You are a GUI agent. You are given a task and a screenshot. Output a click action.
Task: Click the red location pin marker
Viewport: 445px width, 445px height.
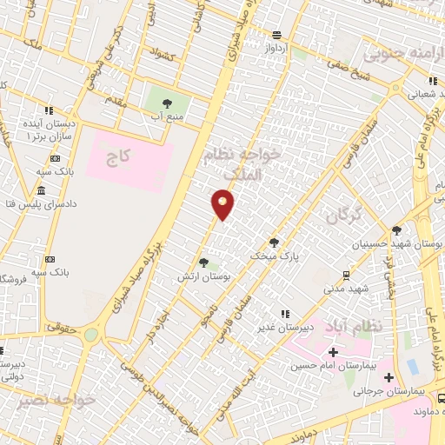coord(223,204)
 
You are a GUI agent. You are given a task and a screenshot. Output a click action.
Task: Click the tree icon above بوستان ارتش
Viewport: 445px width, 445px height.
coord(203,262)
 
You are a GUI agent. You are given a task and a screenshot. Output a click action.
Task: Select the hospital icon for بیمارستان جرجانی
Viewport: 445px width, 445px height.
coord(389,377)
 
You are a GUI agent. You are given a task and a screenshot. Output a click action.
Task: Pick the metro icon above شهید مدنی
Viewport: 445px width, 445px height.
coord(347,275)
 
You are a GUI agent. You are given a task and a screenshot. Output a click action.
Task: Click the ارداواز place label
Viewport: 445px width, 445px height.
coord(276,49)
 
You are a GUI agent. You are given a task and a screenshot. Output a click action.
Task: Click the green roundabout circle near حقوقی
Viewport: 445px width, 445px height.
coord(90,335)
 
